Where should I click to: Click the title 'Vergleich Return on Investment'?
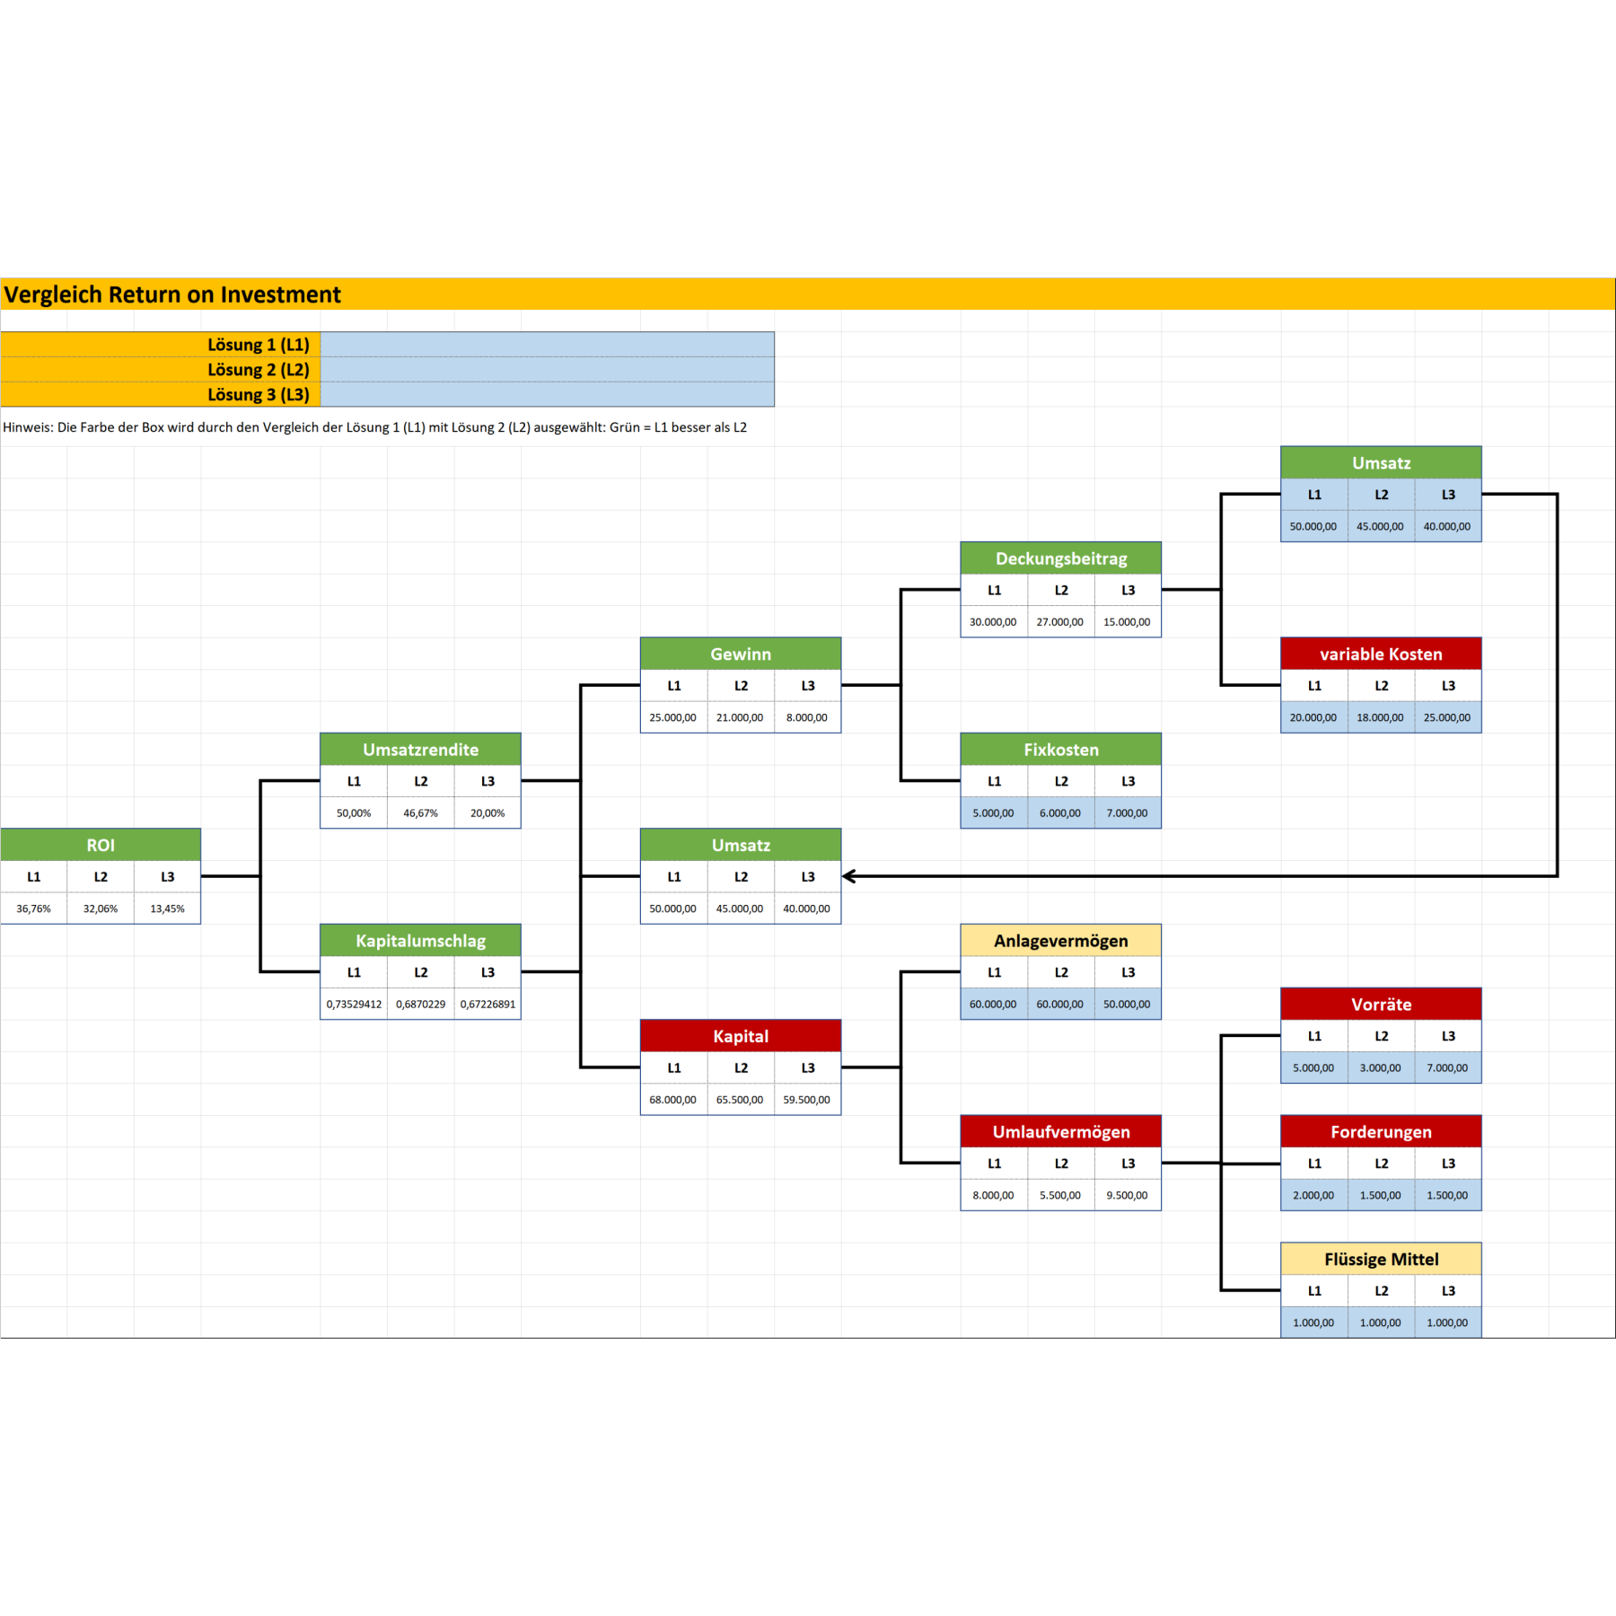click(x=172, y=294)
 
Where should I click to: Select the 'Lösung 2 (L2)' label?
click(x=259, y=370)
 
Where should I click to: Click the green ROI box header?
click(x=101, y=845)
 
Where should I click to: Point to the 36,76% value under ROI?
click(x=34, y=909)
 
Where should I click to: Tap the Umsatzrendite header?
click(x=420, y=750)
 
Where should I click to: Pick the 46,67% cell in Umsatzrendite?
click(x=420, y=813)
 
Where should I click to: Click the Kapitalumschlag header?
click(x=420, y=941)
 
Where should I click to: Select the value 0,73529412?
click(x=354, y=1005)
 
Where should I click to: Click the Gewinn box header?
click(x=741, y=654)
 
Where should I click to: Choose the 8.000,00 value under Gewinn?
click(x=807, y=718)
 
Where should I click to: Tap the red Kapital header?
click(x=741, y=1036)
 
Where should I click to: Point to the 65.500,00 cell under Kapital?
click(x=740, y=1100)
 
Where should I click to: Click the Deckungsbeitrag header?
click(x=1061, y=558)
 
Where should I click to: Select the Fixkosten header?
click(x=1061, y=750)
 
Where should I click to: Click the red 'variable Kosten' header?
click(x=1381, y=654)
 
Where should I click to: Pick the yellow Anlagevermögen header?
click(x=1061, y=941)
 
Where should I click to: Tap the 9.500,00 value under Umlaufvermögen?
click(x=1127, y=1196)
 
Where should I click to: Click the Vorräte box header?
click(x=1381, y=1005)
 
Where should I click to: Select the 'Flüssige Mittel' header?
click(x=1381, y=1260)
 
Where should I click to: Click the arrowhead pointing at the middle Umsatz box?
click(x=848, y=876)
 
